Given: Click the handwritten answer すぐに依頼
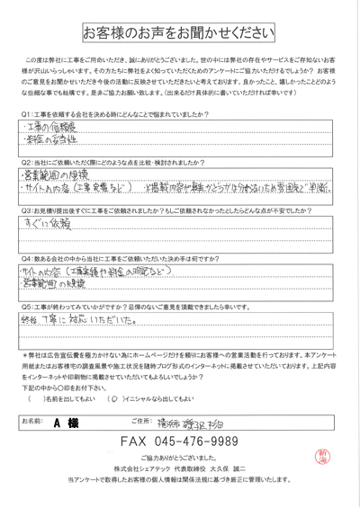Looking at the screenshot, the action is point(44,219).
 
